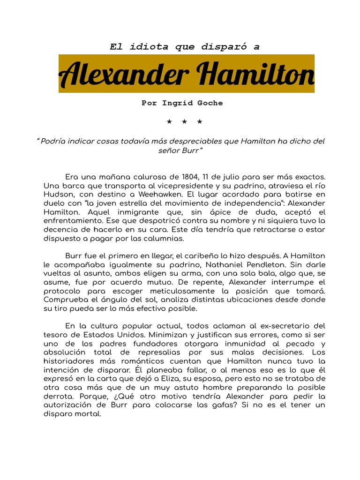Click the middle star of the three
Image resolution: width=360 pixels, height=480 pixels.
pos(185,122)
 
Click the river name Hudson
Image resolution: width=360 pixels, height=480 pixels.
pos(58,193)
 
